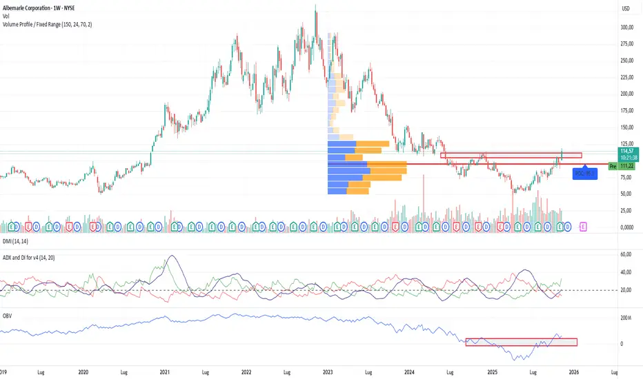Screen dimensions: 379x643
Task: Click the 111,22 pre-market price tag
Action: pos(626,166)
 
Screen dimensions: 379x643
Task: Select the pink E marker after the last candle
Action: pos(584,225)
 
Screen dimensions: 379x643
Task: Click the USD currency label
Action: pos(626,8)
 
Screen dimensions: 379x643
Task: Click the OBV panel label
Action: pos(7,316)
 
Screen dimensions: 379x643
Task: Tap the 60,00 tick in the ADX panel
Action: pos(626,254)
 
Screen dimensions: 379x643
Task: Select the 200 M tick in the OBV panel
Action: pos(626,318)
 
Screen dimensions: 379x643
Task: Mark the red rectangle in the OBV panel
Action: pos(521,342)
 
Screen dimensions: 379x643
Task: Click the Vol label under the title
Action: pos(6,16)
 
